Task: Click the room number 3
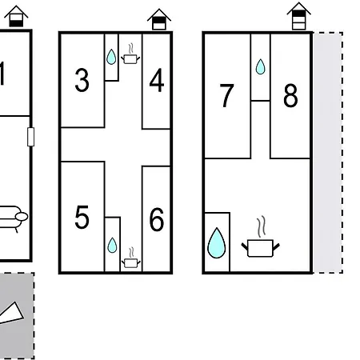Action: point(82,80)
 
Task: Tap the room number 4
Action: point(157,80)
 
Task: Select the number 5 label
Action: point(82,217)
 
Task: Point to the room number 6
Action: point(157,219)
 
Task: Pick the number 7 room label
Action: point(226,95)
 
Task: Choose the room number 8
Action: point(290,95)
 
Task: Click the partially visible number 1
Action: point(2,74)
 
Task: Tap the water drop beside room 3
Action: point(111,57)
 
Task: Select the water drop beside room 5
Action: point(112,246)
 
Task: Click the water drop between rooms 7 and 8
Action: point(260,66)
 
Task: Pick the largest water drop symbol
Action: point(217,243)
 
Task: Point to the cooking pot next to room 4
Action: point(130,54)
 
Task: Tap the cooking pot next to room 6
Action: point(131,258)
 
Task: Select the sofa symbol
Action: point(12,218)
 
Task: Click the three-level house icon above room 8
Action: point(298,16)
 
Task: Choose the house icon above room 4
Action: point(159,19)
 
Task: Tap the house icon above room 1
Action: point(16,16)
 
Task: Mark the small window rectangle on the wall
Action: point(30,137)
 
